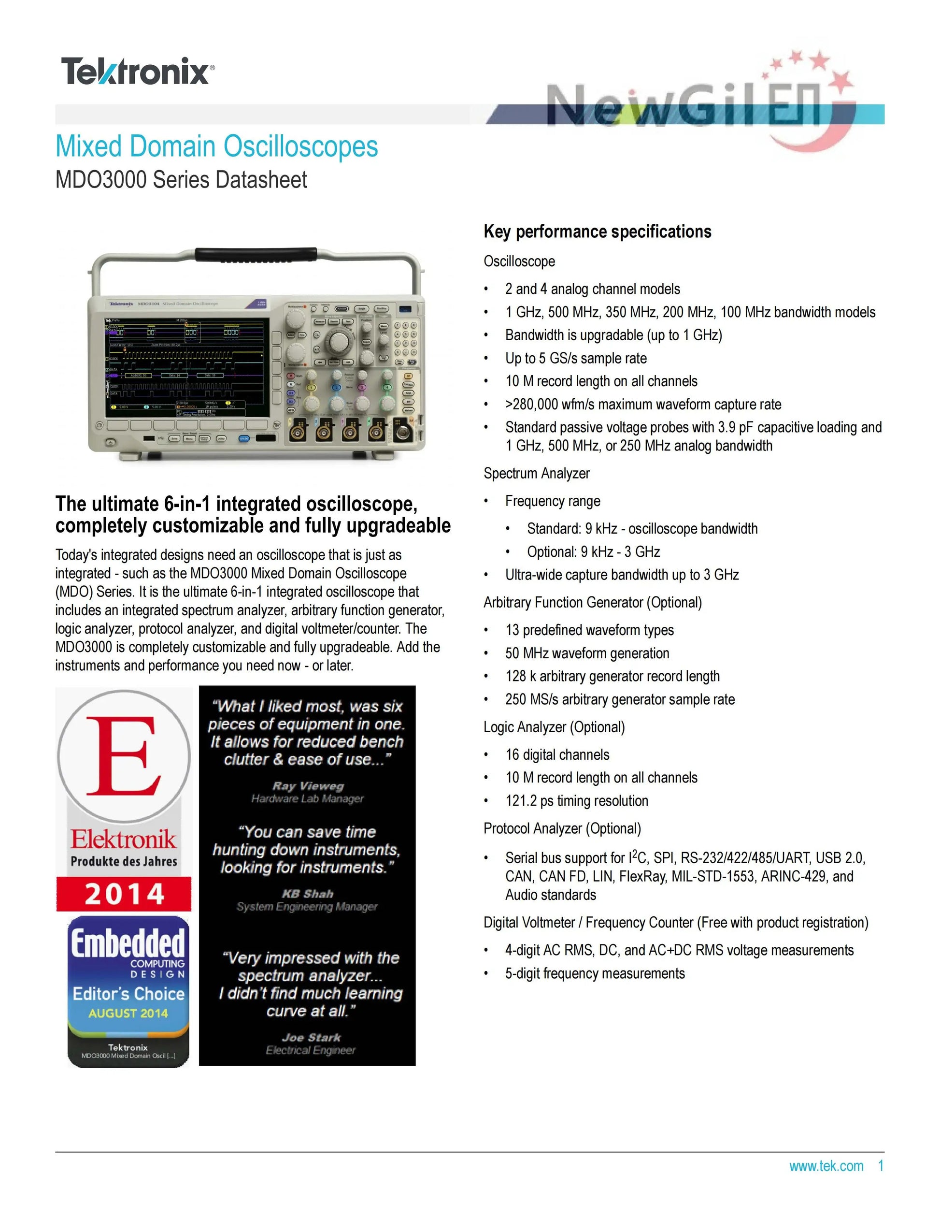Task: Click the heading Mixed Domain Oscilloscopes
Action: point(216,146)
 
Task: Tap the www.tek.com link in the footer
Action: point(826,1166)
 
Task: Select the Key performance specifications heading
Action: point(597,232)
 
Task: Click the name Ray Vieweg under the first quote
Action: point(308,786)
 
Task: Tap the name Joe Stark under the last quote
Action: point(311,1038)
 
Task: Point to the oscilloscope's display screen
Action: point(186,368)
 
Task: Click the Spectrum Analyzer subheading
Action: point(536,474)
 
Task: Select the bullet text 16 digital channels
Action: point(557,755)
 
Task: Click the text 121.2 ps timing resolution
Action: point(576,801)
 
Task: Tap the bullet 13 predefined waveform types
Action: point(589,630)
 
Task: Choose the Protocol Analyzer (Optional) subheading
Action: point(562,828)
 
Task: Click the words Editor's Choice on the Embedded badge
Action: point(128,994)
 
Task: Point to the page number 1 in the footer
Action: point(881,1166)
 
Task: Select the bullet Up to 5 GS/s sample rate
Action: point(576,358)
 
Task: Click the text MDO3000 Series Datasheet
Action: point(181,180)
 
